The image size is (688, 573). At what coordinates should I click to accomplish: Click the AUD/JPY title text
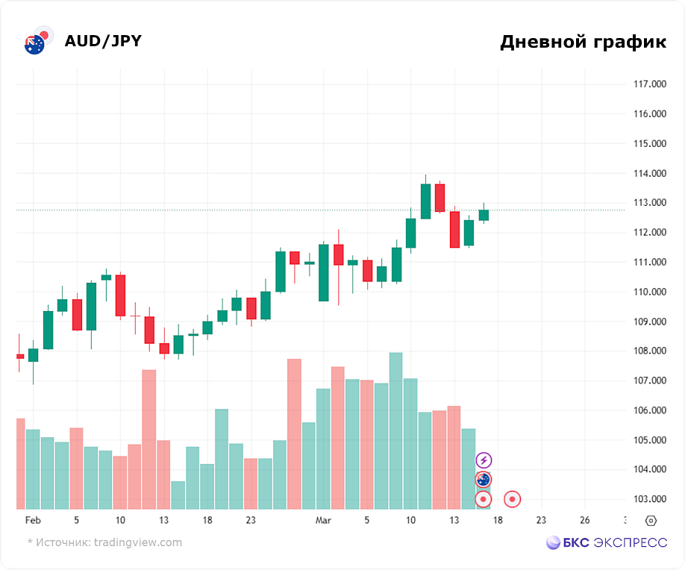pos(103,41)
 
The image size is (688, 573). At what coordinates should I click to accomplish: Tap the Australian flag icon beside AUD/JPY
pos(34,44)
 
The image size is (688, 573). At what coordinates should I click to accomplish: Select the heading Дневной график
pos(583,42)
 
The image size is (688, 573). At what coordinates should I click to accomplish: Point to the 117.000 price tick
pos(649,84)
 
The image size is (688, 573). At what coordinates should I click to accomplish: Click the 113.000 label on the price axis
pos(649,203)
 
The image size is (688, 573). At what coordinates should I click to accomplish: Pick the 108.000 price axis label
pos(649,351)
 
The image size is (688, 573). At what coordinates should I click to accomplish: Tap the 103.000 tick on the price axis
pos(649,499)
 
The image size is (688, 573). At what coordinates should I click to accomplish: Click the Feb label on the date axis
pos(33,520)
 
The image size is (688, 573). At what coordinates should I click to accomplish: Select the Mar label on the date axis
pos(323,520)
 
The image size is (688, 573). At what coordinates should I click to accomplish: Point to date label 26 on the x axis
pos(585,520)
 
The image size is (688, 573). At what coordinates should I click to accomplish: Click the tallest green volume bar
pos(395,430)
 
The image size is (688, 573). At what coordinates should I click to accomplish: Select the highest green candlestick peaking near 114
pos(425,201)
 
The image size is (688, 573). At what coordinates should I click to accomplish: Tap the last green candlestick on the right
pos(484,215)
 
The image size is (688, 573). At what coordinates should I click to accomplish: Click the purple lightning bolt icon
pos(484,460)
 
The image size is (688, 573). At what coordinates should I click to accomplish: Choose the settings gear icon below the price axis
pos(651,521)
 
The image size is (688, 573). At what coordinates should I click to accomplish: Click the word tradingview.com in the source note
pos(138,542)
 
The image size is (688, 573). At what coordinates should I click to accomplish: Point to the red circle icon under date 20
pos(512,499)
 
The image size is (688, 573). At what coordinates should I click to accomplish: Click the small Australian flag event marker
pos(484,480)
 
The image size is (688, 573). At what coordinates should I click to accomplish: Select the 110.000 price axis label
pos(649,292)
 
